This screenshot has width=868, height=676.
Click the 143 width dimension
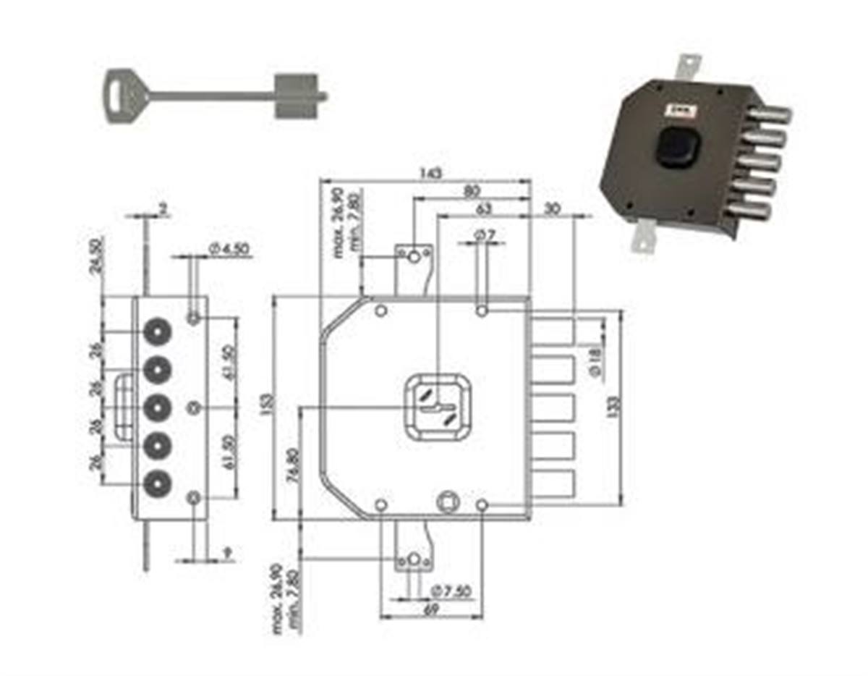tap(431, 174)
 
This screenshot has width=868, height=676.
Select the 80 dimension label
tap(472, 192)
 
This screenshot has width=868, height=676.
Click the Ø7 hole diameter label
tap(484, 236)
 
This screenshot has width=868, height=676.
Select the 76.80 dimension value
tap(292, 463)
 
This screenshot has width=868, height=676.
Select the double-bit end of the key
tap(297, 95)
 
